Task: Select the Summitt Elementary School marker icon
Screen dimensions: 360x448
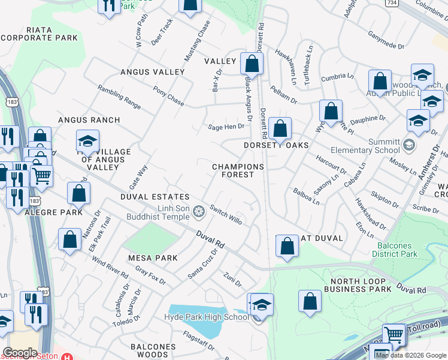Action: click(409, 144)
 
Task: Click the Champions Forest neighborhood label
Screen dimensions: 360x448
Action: click(238, 170)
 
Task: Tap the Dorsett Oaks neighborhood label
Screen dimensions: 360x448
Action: click(276, 145)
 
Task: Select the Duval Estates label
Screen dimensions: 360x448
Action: click(155, 197)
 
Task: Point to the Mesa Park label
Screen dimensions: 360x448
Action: click(153, 258)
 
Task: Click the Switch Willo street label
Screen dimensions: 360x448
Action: click(226, 217)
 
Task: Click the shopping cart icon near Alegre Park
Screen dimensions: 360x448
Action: click(41, 176)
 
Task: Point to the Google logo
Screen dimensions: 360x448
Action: click(20, 353)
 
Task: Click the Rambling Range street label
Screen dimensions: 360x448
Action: click(120, 97)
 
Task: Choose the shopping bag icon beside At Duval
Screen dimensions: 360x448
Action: click(287, 245)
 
